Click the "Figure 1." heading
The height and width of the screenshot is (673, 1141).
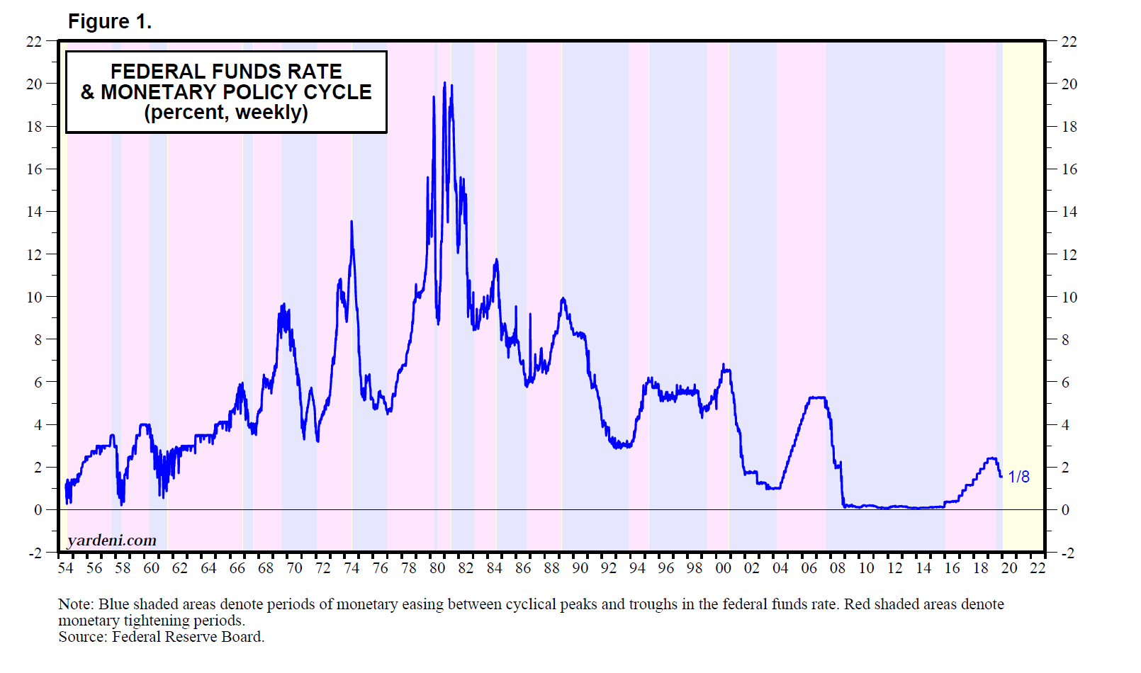point(110,22)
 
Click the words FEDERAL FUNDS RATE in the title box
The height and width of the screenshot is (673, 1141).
point(226,72)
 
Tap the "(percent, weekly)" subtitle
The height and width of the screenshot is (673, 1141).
point(226,113)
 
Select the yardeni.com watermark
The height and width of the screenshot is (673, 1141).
point(112,541)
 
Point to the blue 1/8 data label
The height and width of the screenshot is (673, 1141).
point(1018,477)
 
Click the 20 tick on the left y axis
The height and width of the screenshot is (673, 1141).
point(34,84)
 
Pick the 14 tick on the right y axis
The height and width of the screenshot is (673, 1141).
point(1069,212)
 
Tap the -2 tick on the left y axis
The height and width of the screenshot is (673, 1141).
point(35,553)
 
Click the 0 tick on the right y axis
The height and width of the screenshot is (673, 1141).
point(1064,510)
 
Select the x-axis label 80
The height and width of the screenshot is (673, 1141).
point(437,568)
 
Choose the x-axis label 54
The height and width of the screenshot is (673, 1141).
point(65,568)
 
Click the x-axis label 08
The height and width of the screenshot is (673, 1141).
point(838,568)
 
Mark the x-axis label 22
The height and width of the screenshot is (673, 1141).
point(1038,568)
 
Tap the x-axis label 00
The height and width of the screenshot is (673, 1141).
point(723,568)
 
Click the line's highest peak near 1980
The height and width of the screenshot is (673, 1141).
point(444,83)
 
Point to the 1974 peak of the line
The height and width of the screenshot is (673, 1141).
point(352,222)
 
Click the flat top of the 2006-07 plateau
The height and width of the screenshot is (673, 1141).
point(818,397)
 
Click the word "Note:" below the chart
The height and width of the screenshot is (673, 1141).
point(76,604)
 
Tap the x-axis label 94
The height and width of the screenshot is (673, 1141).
point(637,568)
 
